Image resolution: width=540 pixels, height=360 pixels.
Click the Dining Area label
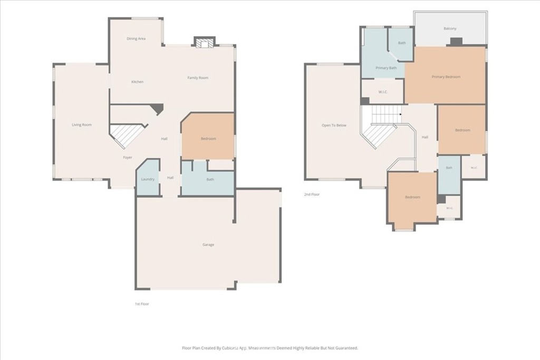[x=136, y=38]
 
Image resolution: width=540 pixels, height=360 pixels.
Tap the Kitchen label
[x=138, y=82]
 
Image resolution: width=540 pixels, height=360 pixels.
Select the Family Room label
[x=198, y=78]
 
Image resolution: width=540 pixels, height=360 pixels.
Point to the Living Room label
[x=82, y=125]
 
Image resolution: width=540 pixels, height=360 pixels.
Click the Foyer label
[x=128, y=158]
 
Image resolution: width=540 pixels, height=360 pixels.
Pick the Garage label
[x=208, y=245]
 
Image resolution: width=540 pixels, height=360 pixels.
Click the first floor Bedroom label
[x=208, y=139]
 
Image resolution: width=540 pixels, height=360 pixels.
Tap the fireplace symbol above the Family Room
[x=205, y=42]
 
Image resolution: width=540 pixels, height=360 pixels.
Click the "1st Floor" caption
[x=142, y=304]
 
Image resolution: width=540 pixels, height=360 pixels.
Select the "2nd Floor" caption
[x=312, y=194]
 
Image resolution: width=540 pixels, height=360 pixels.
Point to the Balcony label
[x=450, y=28]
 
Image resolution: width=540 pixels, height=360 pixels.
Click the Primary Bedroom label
[x=446, y=77]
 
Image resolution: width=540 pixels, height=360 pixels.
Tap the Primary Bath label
[x=386, y=68]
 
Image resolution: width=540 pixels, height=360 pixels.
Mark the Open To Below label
[x=334, y=125]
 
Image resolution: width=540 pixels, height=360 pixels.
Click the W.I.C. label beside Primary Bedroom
[x=383, y=92]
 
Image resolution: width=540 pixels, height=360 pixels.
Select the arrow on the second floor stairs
[x=400, y=114]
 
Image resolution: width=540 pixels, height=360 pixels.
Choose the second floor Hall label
[x=425, y=138]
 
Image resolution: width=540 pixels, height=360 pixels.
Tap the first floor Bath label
[x=210, y=179]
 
